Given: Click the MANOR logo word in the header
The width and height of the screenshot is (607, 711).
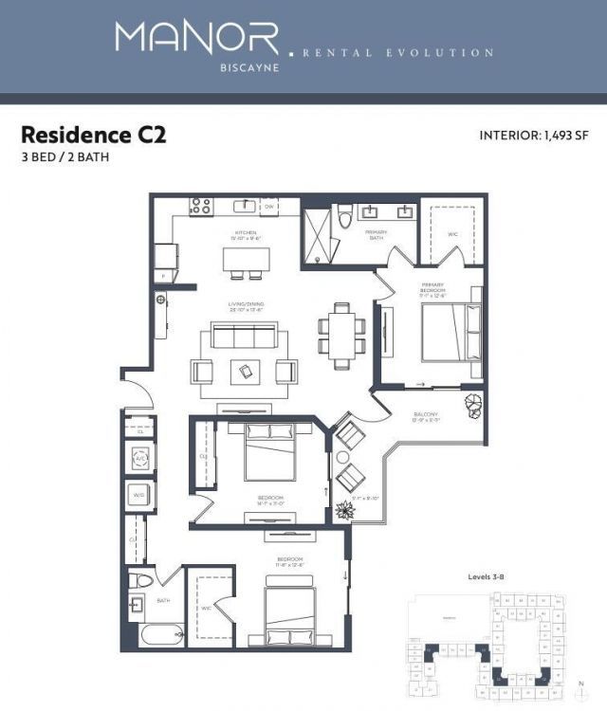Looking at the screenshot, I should point(197,38).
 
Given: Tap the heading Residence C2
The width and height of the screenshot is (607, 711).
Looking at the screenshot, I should point(94,135).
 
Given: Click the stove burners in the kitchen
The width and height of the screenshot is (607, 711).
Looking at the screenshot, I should point(200,205).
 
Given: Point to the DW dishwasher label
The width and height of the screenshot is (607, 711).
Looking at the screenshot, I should point(268,206).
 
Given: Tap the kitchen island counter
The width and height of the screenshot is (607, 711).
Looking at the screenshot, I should point(246,258).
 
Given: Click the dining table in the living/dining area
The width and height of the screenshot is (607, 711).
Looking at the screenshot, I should point(341,333).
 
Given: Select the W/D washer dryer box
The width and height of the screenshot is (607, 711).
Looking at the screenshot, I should point(138,495).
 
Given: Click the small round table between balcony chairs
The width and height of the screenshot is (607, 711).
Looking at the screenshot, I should point(343,457).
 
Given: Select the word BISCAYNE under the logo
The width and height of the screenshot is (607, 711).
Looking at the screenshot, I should point(197,68).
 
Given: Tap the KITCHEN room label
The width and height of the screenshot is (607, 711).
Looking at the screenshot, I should point(247,232).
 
